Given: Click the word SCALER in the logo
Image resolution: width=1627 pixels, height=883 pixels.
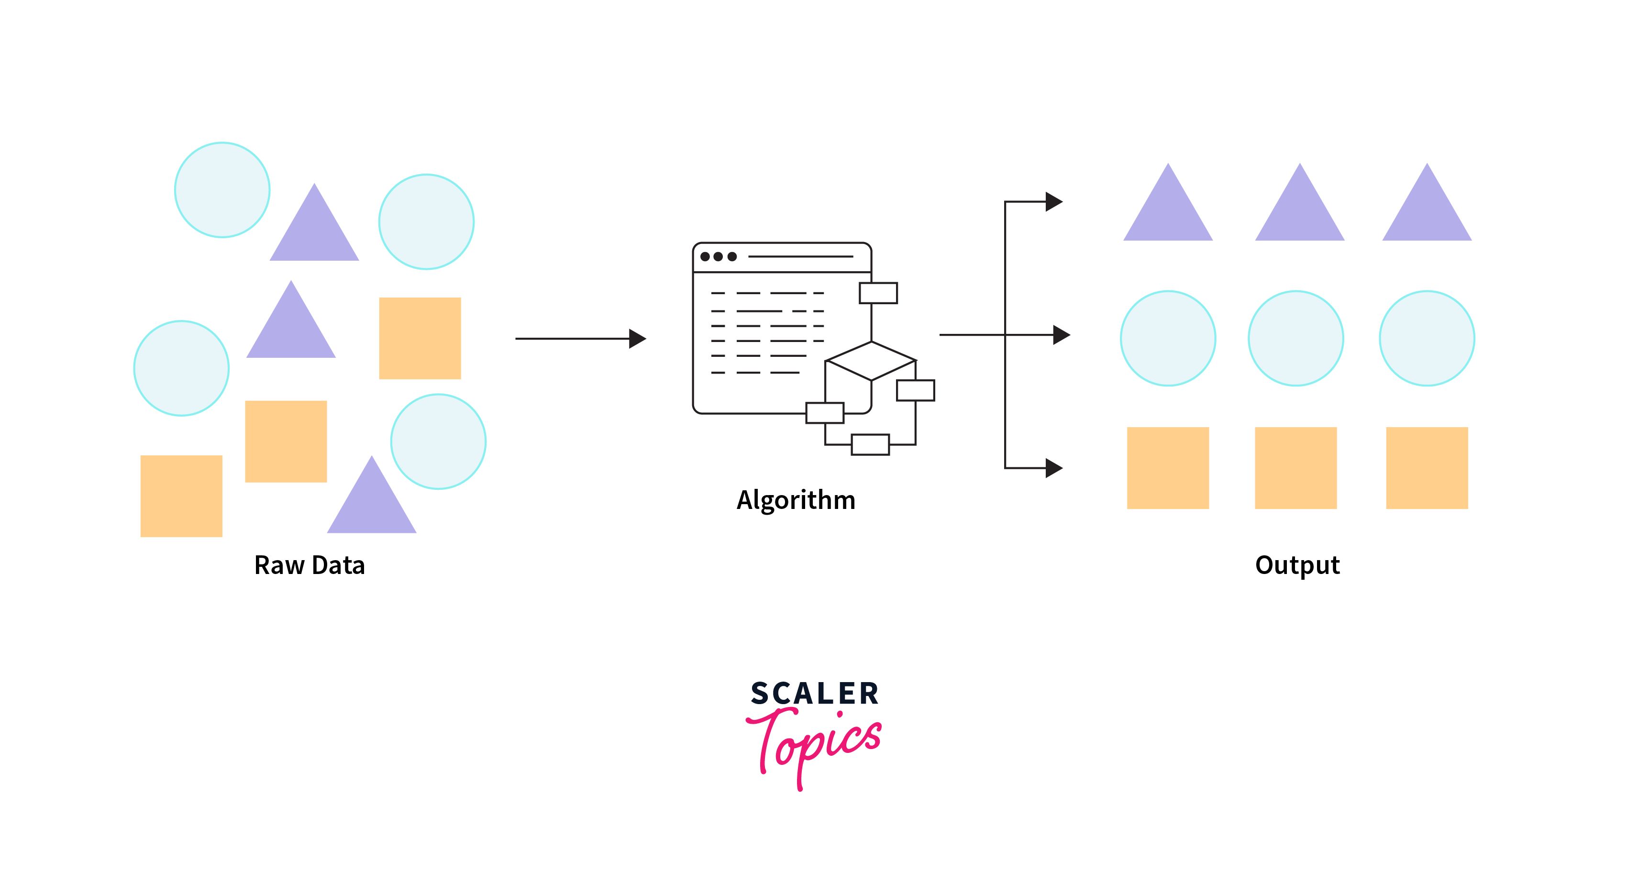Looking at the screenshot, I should point(815,694).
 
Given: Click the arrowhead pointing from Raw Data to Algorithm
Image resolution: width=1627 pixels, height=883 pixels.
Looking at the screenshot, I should point(637,339).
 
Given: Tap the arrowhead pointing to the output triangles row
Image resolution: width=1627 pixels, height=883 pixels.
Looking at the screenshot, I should point(1053,202).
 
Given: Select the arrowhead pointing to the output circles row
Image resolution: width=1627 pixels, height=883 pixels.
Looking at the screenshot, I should point(1061,335).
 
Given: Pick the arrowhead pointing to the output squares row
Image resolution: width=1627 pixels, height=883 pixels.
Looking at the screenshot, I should point(1053,468).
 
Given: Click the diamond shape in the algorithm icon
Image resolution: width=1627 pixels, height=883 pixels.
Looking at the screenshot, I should point(871,361).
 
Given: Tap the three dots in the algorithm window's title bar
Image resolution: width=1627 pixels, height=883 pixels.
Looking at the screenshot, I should point(718,256).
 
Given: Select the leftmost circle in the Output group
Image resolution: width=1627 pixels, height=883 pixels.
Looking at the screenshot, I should point(1168,339).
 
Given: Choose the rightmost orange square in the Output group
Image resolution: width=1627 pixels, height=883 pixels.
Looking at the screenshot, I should point(1427,468).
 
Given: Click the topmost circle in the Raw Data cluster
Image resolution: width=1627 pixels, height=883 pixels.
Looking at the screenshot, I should point(222,190).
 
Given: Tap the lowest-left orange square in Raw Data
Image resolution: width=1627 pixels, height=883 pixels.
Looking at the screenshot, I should point(181,496).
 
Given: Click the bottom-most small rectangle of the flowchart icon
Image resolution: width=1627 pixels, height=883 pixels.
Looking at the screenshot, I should point(870,445).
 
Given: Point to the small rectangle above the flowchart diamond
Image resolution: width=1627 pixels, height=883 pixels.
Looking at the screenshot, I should point(878,293).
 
